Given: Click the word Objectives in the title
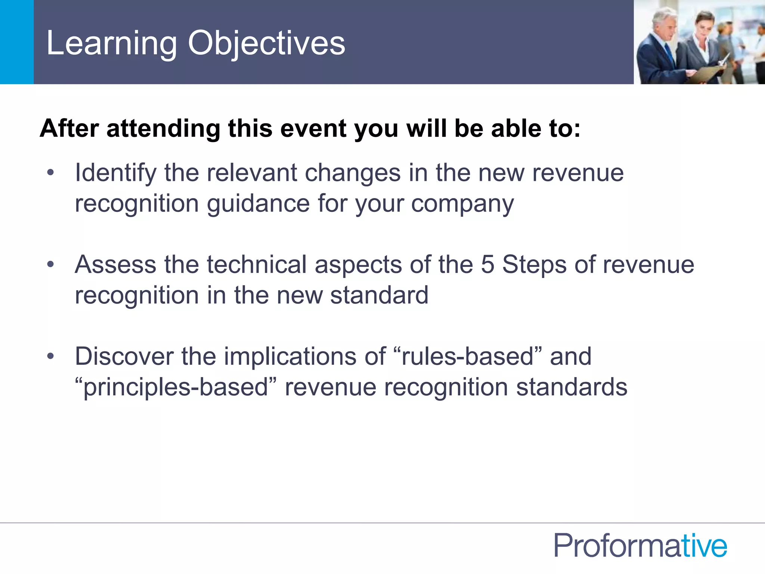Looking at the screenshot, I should pyautogui.click(x=266, y=44).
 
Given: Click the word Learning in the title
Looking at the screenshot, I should pyautogui.click(x=111, y=44).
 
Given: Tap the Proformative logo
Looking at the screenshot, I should pyautogui.click(x=640, y=546).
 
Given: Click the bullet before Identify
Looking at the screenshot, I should pyautogui.click(x=51, y=173).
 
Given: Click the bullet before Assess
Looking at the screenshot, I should pyautogui.click(x=51, y=265).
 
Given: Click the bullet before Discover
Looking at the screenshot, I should pyautogui.click(x=51, y=356).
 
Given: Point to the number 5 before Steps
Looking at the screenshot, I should pyautogui.click(x=487, y=265).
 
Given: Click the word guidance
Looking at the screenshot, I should pyautogui.click(x=258, y=204).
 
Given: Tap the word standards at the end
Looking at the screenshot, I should pyautogui.click(x=572, y=387).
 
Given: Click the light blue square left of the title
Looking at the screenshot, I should pyautogui.click(x=17, y=42).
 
